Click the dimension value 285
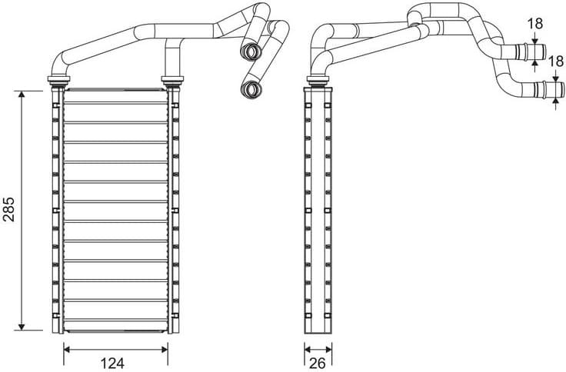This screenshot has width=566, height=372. tap(9, 210)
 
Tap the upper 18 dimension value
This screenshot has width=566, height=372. tap(536, 23)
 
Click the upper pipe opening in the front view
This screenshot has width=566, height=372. tap(250, 52)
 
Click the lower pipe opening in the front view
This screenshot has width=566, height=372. tap(251, 90)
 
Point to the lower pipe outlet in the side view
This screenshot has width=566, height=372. tap(547, 90)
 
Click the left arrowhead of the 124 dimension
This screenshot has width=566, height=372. tap(66, 349)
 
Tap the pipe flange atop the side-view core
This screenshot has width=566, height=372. tap(318, 79)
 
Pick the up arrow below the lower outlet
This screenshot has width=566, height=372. tap(555, 103)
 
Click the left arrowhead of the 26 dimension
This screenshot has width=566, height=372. tap(307, 349)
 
